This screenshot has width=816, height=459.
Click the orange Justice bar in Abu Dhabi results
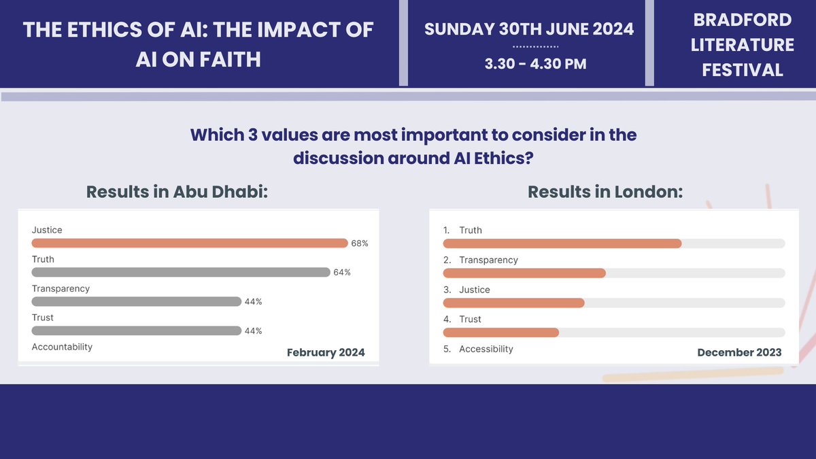click(190, 243)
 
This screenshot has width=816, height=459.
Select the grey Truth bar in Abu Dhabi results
click(181, 273)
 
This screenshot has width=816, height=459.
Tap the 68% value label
click(360, 243)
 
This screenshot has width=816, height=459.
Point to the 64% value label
click(342, 273)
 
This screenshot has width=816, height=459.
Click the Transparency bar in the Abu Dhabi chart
click(137, 302)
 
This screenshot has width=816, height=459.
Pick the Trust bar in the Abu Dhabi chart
click(137, 331)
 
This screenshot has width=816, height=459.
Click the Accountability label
click(62, 347)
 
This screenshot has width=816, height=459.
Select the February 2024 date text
click(326, 352)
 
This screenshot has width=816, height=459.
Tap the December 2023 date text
click(739, 352)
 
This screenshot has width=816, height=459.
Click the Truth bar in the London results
click(562, 243)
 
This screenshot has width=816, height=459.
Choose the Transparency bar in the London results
click(524, 273)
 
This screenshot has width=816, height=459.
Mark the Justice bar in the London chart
click(513, 303)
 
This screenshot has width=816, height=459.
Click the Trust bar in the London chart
click(501, 333)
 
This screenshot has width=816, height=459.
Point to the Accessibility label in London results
click(486, 349)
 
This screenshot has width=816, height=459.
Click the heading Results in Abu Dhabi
click(177, 192)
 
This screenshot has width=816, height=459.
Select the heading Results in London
click(605, 192)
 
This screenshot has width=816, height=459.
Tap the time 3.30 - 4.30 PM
click(535, 65)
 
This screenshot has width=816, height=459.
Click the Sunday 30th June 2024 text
click(529, 29)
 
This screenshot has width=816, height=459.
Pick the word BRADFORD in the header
click(742, 20)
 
